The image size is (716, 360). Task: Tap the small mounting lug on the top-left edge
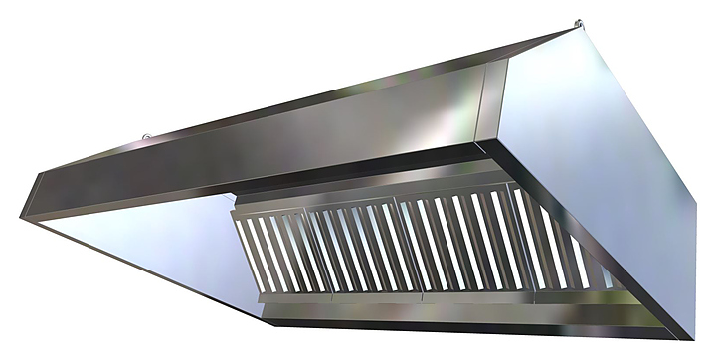(145, 136)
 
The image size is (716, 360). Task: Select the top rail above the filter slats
(398, 198)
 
